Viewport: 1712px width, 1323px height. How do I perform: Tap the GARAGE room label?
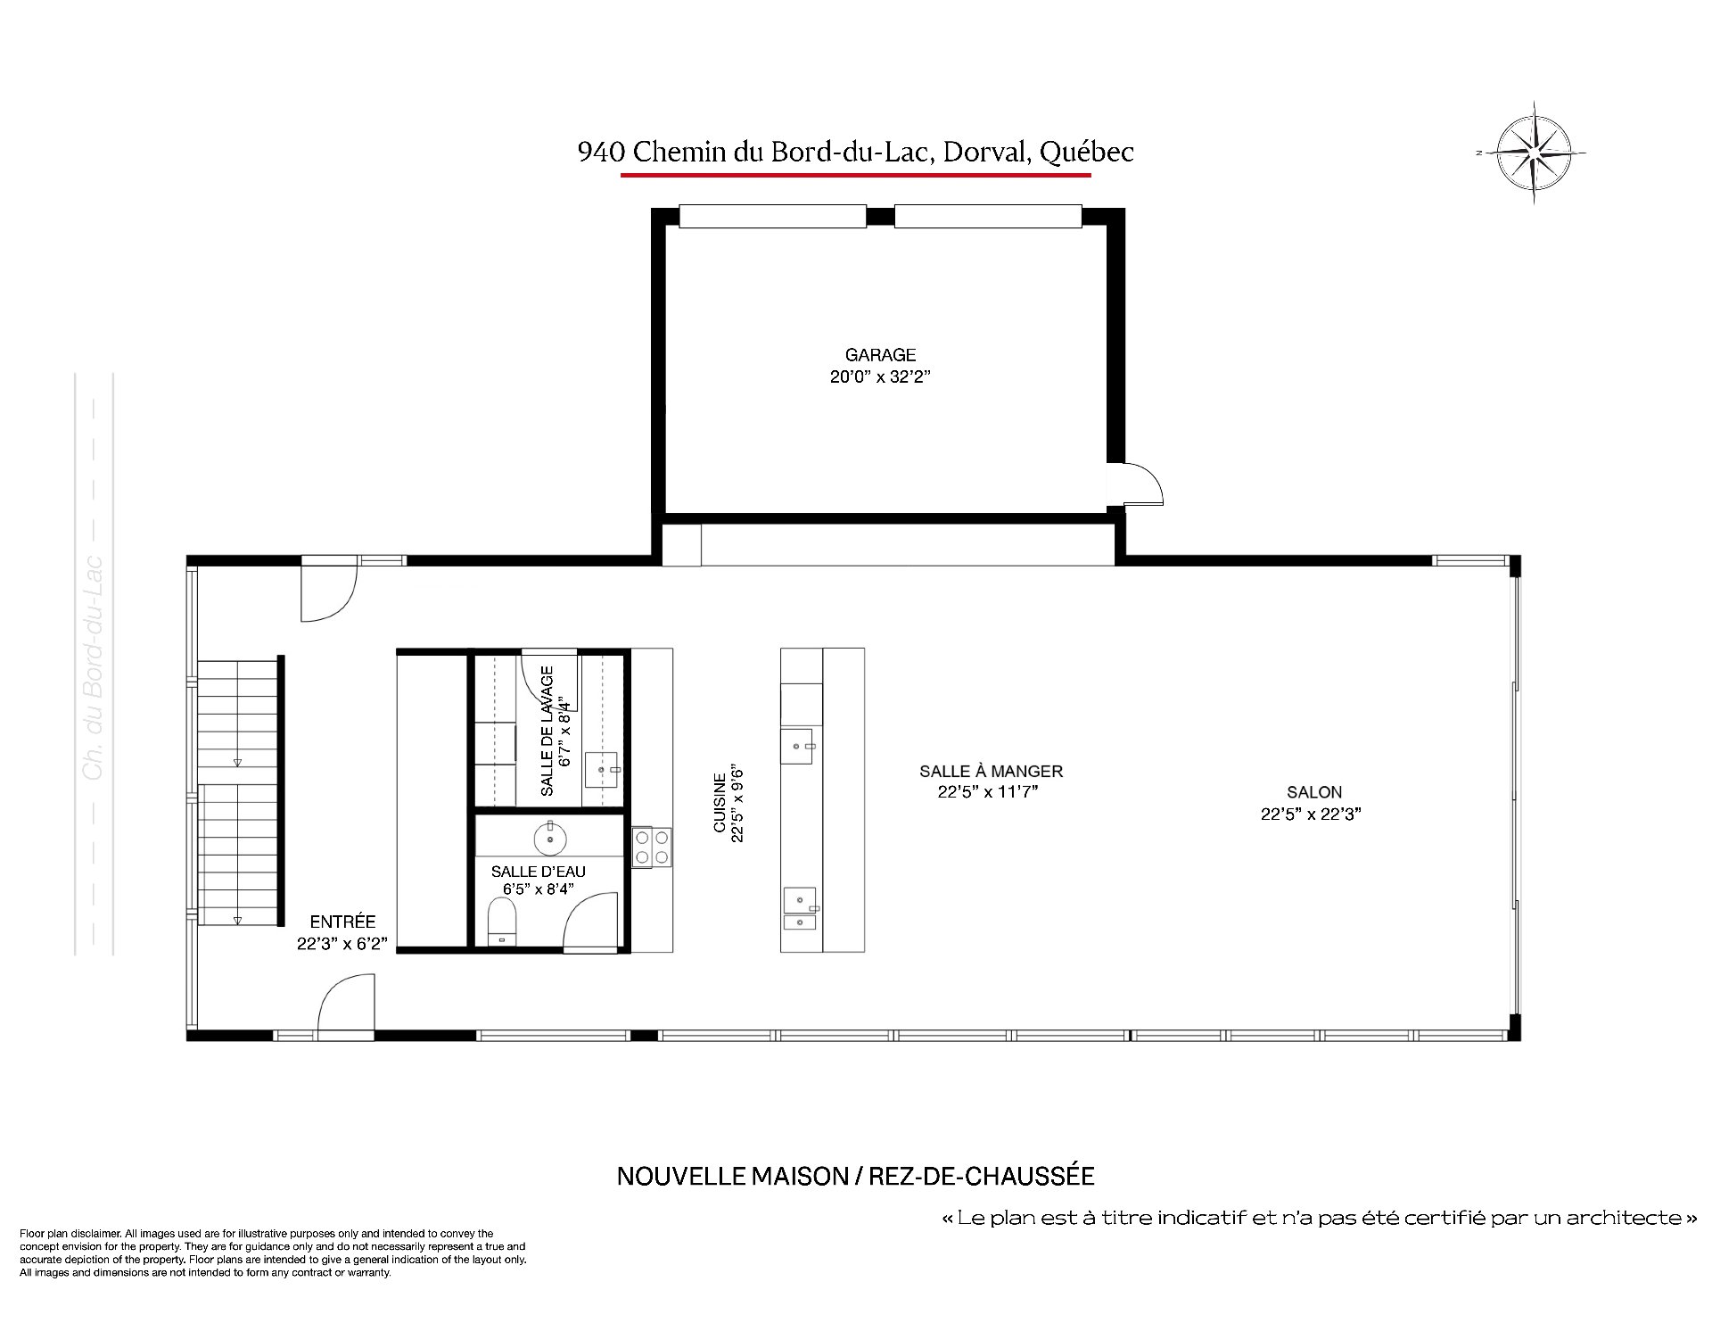pyautogui.click(x=880, y=355)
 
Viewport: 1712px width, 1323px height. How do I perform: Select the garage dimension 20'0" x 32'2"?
pyautogui.click(x=880, y=376)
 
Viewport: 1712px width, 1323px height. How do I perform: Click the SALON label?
pyautogui.click(x=1313, y=791)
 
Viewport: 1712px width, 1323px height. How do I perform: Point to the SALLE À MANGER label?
pyautogui.click(x=991, y=771)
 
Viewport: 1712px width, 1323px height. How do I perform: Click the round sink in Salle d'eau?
pyautogui.click(x=551, y=838)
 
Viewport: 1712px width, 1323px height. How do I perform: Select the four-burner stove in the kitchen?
pyautogui.click(x=653, y=848)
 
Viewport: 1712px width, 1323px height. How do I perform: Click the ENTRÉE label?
pyautogui.click(x=342, y=922)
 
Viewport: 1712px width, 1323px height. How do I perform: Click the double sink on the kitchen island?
pyautogui.click(x=800, y=909)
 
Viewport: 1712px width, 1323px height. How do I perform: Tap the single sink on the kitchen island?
pyautogui.click(x=797, y=746)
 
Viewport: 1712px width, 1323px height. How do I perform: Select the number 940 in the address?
pyautogui.click(x=601, y=153)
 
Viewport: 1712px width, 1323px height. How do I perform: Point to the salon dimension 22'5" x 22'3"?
pyautogui.click(x=1311, y=814)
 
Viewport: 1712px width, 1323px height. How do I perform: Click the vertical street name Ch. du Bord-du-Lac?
pyautogui.click(x=93, y=669)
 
